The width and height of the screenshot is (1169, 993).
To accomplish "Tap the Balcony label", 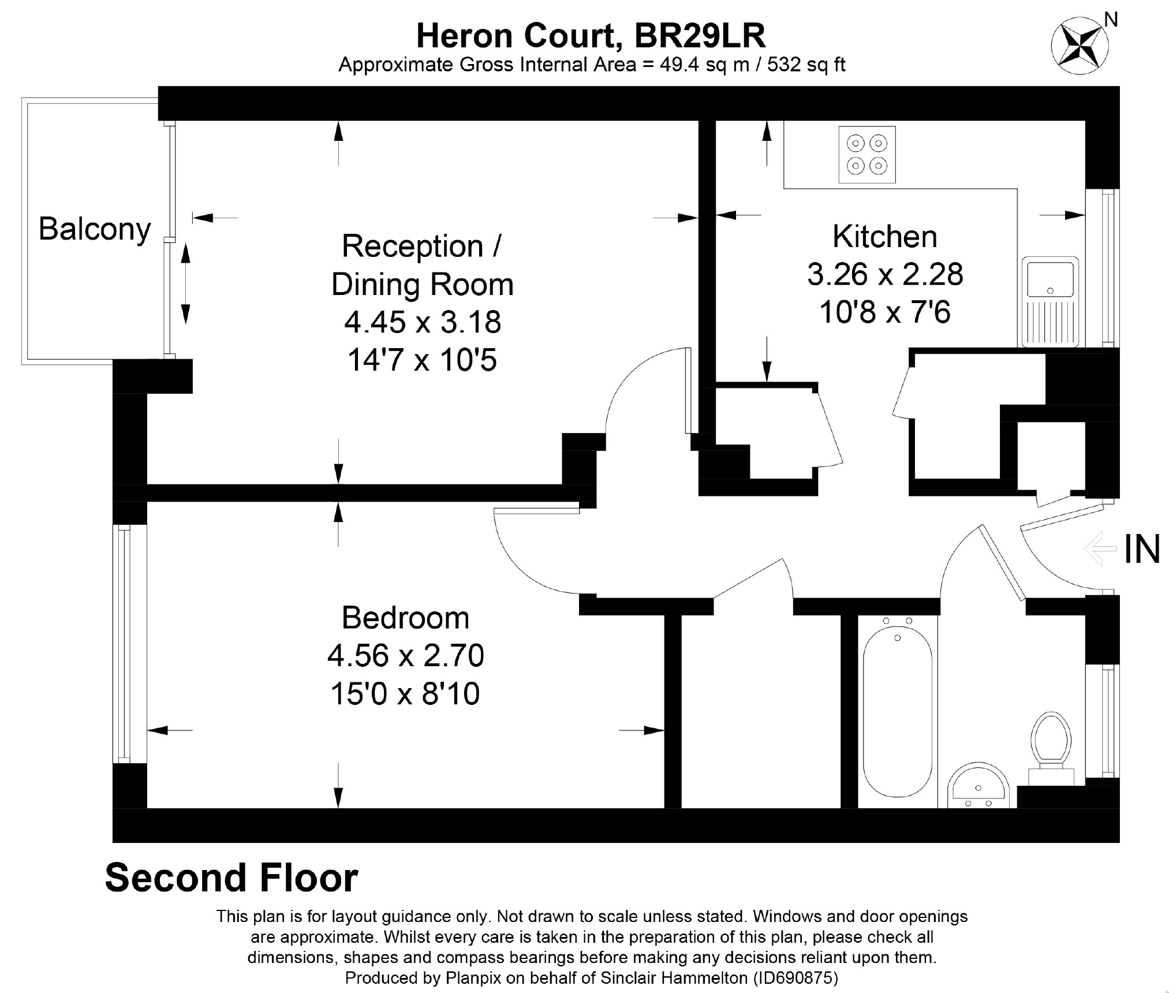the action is click(95, 229).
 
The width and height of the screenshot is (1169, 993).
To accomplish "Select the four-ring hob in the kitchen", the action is click(867, 155).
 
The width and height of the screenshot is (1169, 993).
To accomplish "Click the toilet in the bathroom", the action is click(1051, 747).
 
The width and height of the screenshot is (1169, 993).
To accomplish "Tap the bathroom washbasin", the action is click(978, 787).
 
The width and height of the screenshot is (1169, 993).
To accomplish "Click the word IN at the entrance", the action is click(1142, 549).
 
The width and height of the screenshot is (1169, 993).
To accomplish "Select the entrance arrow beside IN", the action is click(1100, 548).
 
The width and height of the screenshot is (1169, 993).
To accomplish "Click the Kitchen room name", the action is click(884, 237).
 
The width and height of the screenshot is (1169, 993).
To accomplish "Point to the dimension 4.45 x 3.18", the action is click(423, 322).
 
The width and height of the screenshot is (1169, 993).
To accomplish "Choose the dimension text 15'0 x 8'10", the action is click(405, 694).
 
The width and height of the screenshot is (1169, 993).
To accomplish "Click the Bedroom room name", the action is click(405, 618).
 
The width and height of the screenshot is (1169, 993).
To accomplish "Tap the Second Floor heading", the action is click(231, 878).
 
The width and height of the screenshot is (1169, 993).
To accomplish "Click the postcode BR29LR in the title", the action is click(700, 36).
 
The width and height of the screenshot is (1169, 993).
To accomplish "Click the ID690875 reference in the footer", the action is click(795, 978).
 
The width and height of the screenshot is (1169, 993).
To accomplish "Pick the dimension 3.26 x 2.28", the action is click(885, 274).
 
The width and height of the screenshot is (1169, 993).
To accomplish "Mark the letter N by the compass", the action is click(1110, 20).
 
